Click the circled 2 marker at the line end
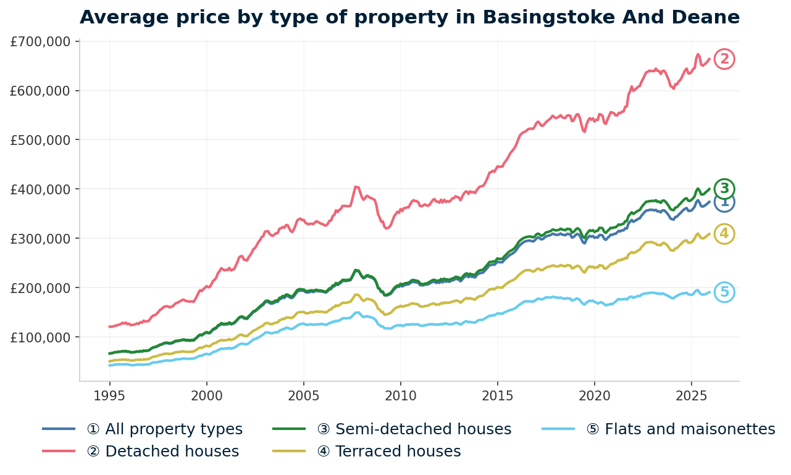(724, 59)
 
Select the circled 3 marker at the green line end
(724, 188)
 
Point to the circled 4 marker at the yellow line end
(724, 234)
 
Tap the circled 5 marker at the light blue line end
(724, 292)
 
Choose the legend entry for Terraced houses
(388, 452)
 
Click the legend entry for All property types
(174, 429)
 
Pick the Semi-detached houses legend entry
(414, 429)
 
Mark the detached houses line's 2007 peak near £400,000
(356, 186)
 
